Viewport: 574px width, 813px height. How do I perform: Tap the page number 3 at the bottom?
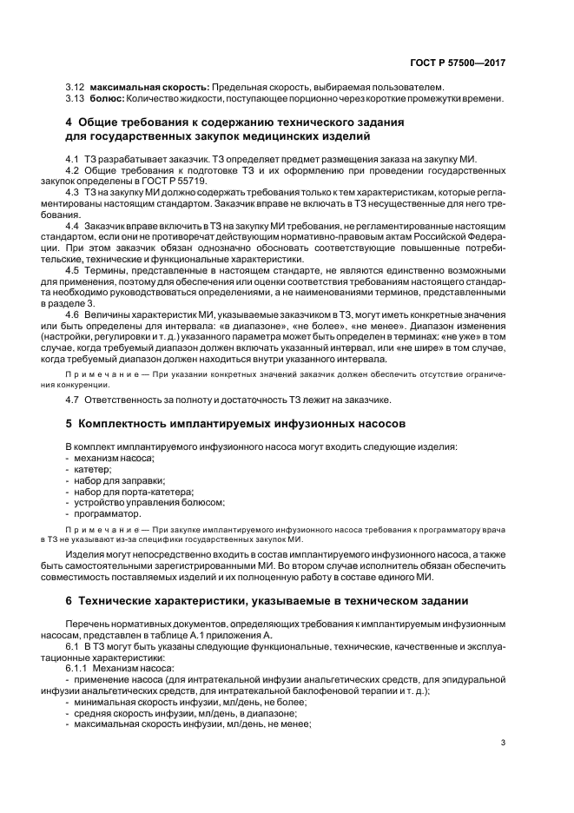pos(503,742)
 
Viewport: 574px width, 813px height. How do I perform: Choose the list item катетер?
pos(95,469)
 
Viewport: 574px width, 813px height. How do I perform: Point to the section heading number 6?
pos(69,601)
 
